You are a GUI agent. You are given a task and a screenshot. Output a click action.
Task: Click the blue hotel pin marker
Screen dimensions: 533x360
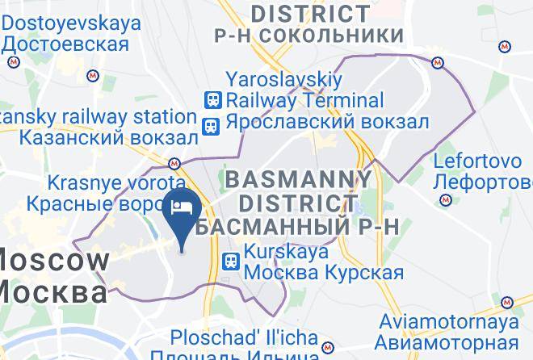[x=180, y=211]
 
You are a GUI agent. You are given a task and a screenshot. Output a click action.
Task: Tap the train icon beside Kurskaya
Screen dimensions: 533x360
[x=231, y=261]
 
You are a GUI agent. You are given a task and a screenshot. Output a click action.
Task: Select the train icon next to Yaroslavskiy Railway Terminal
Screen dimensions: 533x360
[x=212, y=100]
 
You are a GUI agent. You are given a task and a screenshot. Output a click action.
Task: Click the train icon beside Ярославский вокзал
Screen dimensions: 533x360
[x=212, y=125]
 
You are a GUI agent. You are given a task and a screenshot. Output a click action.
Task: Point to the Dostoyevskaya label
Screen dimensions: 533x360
[x=71, y=23]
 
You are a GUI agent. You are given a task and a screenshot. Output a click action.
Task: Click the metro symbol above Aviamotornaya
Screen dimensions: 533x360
[x=506, y=303]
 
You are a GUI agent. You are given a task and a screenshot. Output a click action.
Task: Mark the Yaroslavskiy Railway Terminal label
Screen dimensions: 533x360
[x=304, y=90]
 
